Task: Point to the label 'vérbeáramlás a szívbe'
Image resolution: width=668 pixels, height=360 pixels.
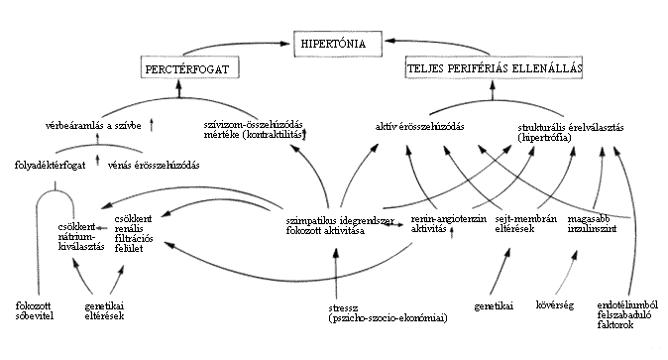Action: click(93, 126)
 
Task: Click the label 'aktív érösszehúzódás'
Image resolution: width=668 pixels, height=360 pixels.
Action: click(419, 127)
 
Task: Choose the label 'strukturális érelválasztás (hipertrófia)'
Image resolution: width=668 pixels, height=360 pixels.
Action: click(571, 132)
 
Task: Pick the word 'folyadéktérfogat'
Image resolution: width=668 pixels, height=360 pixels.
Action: click(50, 165)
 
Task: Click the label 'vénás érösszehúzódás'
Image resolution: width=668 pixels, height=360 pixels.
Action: click(154, 165)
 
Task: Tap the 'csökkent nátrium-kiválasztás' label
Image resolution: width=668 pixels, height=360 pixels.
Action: click(81, 237)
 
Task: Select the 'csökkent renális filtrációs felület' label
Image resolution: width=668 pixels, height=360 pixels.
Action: click(134, 234)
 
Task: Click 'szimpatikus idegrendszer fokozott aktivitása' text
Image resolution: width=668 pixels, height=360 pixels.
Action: click(340, 226)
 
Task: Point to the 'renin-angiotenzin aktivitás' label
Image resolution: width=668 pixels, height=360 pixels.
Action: click(449, 224)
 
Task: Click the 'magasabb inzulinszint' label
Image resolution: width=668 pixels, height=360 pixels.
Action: click(592, 224)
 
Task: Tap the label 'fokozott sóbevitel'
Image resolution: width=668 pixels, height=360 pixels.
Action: click(35, 311)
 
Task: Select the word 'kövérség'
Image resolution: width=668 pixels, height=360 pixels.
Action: click(555, 305)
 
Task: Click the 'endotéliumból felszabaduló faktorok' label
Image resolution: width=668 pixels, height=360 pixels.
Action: click(627, 315)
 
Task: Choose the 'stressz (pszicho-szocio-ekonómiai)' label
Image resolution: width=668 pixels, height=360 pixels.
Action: click(388, 313)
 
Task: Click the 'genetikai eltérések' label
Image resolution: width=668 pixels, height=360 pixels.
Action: click(104, 311)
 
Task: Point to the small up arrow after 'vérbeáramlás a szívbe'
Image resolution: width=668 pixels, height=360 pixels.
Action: click(152, 125)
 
